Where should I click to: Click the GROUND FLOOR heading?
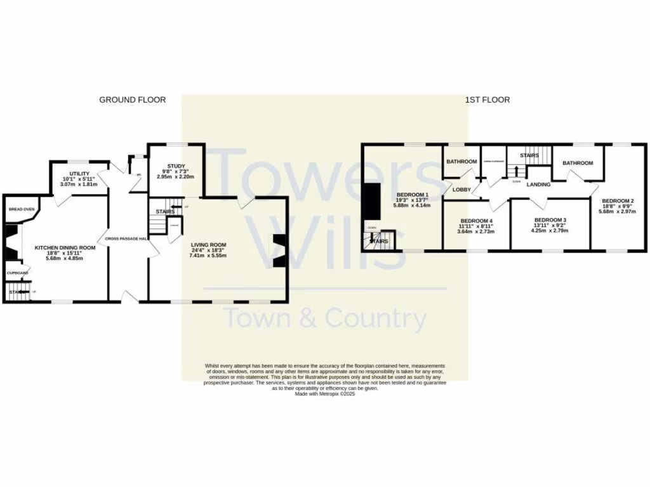(132, 100)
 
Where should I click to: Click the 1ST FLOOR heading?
(488, 100)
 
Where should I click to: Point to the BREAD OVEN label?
(22, 209)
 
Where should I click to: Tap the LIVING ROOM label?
(208, 245)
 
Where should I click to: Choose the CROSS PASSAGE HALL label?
(126, 238)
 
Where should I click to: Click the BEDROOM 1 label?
(413, 195)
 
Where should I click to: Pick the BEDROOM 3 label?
(550, 220)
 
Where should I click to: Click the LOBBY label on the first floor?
(461, 190)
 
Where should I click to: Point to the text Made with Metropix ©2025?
(324, 394)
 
